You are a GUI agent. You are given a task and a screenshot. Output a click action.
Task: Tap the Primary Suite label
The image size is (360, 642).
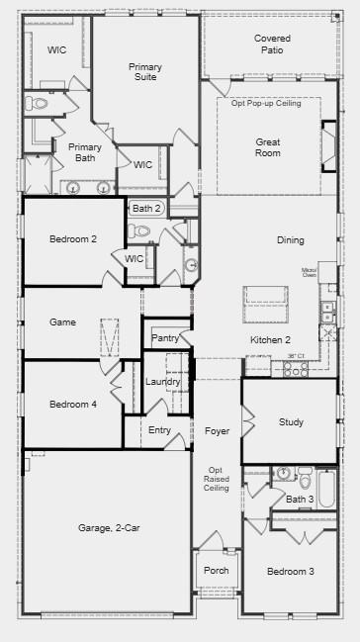[x=145, y=73]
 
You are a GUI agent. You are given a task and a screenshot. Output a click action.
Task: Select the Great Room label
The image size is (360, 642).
[x=268, y=147]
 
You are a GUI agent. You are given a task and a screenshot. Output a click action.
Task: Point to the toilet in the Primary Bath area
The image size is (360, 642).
[x=39, y=103]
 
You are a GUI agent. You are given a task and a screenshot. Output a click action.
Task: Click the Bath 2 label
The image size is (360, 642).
[x=145, y=209]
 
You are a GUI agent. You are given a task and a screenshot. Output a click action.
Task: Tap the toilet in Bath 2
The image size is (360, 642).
[x=141, y=231]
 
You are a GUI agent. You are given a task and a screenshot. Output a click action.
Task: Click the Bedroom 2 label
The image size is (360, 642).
[x=72, y=238]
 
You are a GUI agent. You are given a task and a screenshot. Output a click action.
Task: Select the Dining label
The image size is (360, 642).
[x=290, y=240]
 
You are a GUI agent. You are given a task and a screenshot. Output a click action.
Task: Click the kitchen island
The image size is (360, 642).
[x=265, y=295]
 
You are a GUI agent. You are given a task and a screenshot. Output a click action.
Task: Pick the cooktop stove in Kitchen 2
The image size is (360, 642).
[x=296, y=368]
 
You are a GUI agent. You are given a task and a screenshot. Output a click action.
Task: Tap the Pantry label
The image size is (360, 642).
[x=164, y=338]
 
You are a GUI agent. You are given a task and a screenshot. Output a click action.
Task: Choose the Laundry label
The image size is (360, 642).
[x=162, y=382]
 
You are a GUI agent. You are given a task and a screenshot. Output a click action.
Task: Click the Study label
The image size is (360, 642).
[x=291, y=422]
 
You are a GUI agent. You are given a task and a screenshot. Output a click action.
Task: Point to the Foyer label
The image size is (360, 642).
[x=217, y=431]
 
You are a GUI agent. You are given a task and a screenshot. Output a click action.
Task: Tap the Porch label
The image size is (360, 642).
[x=216, y=571]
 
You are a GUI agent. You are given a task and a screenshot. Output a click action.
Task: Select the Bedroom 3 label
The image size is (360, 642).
[x=291, y=572]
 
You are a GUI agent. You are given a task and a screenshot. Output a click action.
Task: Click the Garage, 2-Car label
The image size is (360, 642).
[x=109, y=528]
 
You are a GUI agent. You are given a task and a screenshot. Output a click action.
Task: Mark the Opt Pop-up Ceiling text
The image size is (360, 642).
[x=266, y=103]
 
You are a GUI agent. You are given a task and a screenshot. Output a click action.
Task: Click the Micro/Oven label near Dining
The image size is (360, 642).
[x=310, y=271]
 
